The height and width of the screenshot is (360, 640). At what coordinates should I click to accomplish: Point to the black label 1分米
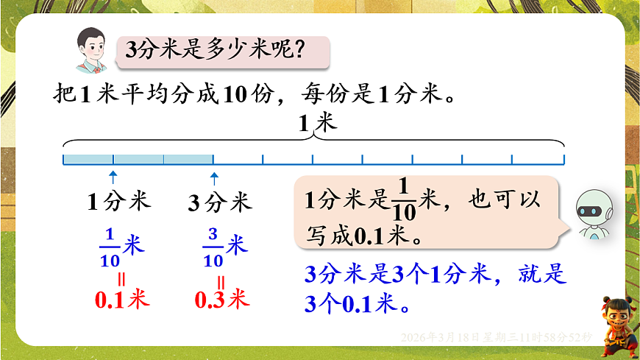(x=118, y=201)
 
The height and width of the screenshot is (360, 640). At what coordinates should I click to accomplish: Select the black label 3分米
(x=219, y=201)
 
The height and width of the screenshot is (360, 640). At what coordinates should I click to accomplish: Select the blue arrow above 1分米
(x=113, y=176)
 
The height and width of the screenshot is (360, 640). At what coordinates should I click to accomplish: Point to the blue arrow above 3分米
(x=214, y=176)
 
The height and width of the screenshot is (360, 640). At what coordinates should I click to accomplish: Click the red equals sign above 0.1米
(x=121, y=279)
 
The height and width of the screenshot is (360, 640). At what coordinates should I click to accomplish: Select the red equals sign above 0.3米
(x=221, y=279)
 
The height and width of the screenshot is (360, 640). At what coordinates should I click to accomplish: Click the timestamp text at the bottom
(x=497, y=336)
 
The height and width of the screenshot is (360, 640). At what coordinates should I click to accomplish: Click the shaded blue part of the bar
(x=138, y=159)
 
